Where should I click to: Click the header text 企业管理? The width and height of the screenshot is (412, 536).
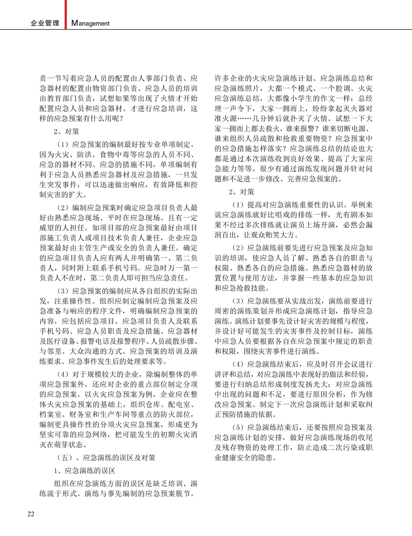pos(45,24)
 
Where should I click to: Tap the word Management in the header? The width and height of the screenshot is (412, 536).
pos(91,24)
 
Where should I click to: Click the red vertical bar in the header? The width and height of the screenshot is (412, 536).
pos(66,14)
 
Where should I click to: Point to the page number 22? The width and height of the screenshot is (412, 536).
pos(31,514)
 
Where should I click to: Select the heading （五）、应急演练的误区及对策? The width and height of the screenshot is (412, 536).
pos(105,458)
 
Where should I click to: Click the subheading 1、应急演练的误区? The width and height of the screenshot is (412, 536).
pos(84,470)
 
